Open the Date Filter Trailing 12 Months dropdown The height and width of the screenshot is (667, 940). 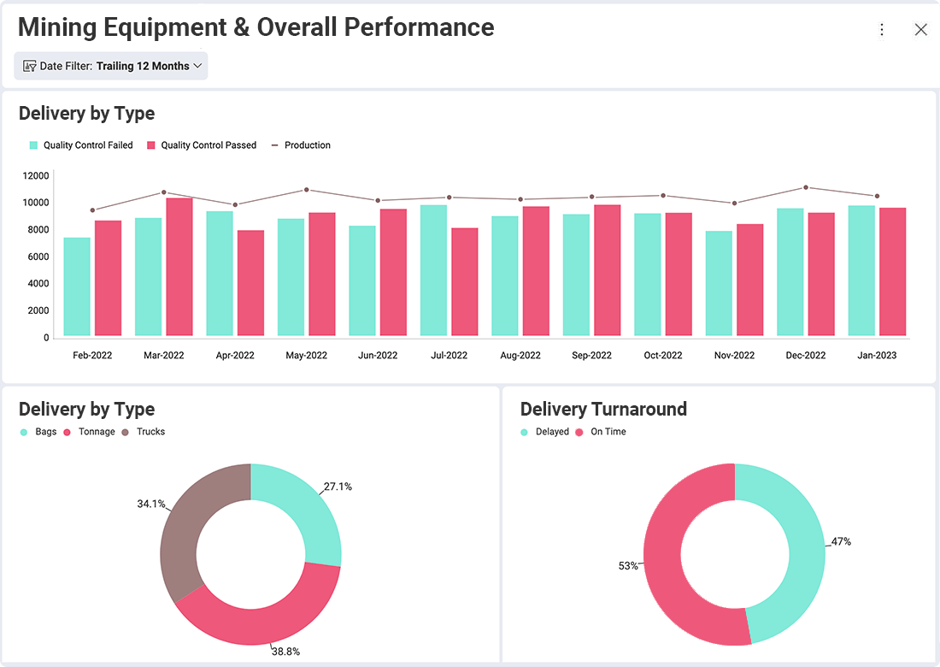(x=111, y=66)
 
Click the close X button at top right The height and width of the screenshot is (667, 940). (x=920, y=30)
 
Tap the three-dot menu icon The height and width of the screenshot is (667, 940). (x=882, y=30)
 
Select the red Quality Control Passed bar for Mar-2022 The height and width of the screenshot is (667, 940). (x=179, y=267)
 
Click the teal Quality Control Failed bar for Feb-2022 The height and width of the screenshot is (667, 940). (x=77, y=286)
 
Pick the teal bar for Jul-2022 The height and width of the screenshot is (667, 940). (x=433, y=270)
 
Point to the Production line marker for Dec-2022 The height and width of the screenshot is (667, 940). (x=805, y=187)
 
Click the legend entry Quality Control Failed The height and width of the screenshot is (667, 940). (x=82, y=145)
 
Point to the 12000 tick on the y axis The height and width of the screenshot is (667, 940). (x=36, y=175)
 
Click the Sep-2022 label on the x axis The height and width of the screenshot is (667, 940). (x=591, y=355)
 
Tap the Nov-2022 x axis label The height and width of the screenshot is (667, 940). (x=734, y=355)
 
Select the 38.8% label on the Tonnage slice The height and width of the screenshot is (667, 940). (x=285, y=651)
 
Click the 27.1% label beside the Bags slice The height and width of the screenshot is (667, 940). (x=338, y=487)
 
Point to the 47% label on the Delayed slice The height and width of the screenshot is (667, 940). (x=841, y=541)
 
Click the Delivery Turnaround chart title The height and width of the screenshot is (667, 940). (x=603, y=409)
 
